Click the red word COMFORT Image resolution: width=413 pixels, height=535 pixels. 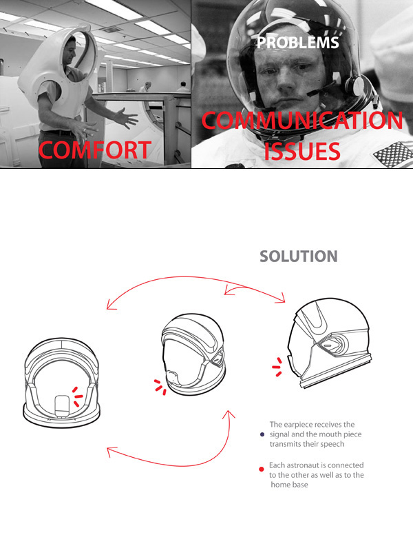[x=95, y=150]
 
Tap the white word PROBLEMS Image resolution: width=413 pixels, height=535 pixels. [x=297, y=43]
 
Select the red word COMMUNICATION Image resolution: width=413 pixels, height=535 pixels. [x=302, y=120]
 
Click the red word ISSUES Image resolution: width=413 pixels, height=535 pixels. [x=302, y=151]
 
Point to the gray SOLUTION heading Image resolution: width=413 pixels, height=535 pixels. [x=299, y=256]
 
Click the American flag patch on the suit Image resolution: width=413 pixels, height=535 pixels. [x=393, y=154]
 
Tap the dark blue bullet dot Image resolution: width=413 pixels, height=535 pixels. [x=262, y=434]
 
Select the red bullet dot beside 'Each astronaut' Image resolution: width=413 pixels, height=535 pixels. [x=262, y=469]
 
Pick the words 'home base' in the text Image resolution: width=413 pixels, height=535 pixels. [x=289, y=485]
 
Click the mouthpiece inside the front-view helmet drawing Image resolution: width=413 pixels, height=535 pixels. [x=62, y=406]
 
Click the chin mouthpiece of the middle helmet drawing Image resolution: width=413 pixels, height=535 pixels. [x=173, y=378]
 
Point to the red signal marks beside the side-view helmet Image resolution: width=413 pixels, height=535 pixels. [x=277, y=367]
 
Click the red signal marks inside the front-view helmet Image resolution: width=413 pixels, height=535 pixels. [x=77, y=396]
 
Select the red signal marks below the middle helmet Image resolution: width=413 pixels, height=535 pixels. [x=160, y=387]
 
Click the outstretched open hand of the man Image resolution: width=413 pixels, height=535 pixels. [x=125, y=119]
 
